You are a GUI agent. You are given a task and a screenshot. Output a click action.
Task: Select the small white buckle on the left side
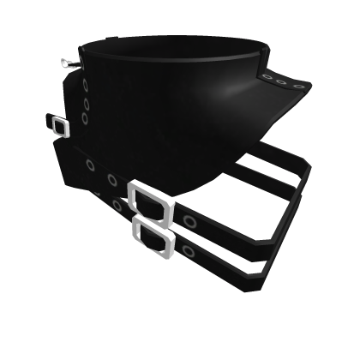click(58, 127)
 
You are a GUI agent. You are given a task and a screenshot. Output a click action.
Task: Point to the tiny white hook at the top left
click(67, 62)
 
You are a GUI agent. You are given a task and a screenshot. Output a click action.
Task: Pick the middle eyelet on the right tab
click(280, 81)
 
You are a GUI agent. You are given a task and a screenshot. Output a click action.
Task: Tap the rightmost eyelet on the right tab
click(296, 83)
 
